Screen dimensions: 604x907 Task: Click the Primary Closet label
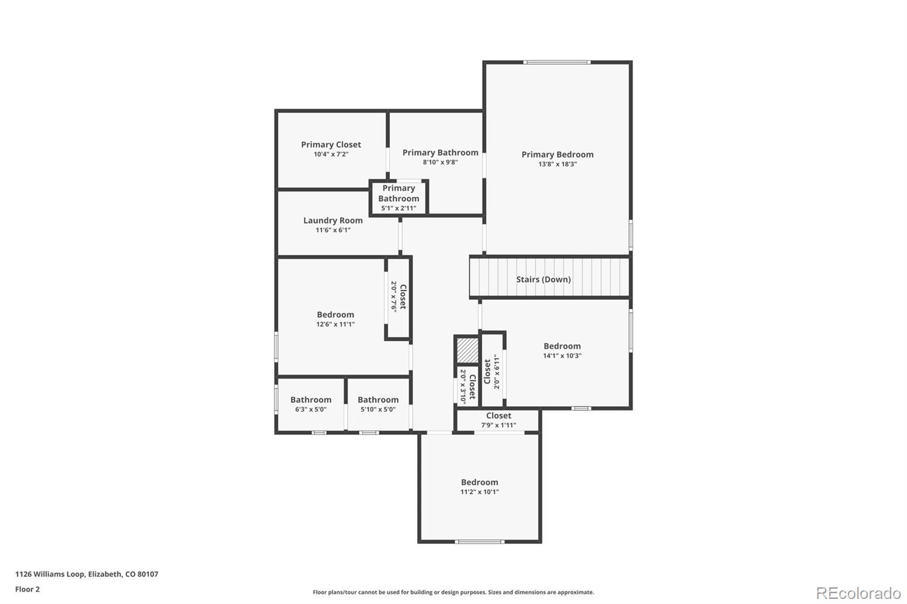coord(330,144)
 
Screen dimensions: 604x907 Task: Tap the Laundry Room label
coord(333,220)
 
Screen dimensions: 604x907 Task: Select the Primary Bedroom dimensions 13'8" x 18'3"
coord(557,164)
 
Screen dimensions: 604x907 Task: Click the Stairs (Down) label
coord(543,279)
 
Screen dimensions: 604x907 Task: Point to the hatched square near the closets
coord(468,351)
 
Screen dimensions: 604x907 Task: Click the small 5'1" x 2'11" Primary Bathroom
coord(399,198)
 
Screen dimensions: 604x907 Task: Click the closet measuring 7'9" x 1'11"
coord(498,420)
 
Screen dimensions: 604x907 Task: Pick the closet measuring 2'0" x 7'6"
coord(398,297)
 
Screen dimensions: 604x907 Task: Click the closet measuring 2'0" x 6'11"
coord(491,372)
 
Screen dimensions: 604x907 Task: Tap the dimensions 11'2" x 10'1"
coord(479,492)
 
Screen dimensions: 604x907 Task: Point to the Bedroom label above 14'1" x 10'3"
coord(562,346)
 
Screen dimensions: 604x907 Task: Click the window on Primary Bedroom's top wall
coord(557,62)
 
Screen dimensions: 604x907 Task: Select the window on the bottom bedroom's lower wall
coord(480,542)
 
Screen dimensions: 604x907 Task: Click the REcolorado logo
coord(858,593)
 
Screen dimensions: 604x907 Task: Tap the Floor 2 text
coord(27,589)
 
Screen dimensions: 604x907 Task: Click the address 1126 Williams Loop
coord(87,574)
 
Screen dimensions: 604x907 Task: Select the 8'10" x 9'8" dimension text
coord(440,162)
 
